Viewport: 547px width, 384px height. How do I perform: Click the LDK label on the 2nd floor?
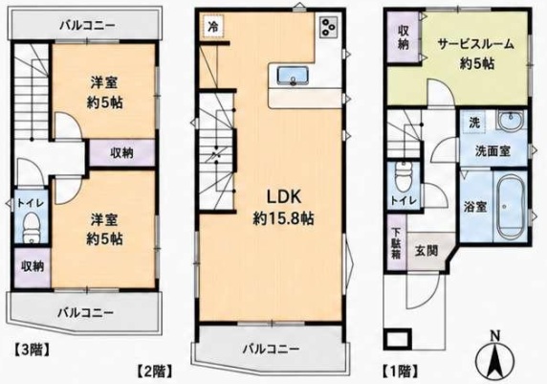[x=284, y=197]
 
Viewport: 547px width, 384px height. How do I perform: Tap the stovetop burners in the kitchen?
[x=329, y=27]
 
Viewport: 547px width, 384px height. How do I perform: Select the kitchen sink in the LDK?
[x=293, y=76]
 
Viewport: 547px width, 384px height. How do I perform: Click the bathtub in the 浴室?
[x=511, y=208]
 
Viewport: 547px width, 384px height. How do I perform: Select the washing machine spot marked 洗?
[x=474, y=123]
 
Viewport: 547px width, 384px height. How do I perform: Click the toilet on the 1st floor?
[x=404, y=177]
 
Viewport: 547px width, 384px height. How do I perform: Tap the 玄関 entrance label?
[x=427, y=251]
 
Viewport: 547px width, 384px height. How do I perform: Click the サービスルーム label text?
[x=476, y=44]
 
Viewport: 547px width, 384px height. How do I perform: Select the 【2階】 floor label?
[x=155, y=372]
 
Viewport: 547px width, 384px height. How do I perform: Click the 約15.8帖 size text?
[x=283, y=218]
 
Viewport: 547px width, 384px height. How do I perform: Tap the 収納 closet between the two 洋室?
[x=122, y=152]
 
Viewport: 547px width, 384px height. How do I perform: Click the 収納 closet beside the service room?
[x=403, y=37]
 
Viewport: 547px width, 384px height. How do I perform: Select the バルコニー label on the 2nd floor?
[x=271, y=349]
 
